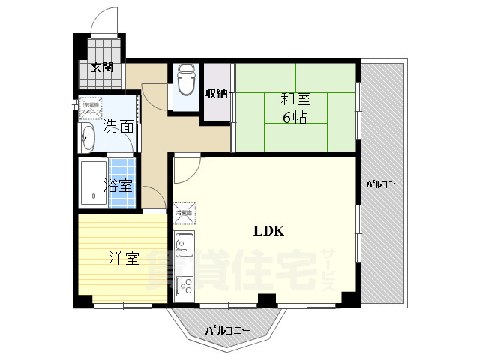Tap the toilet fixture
(x=185, y=81)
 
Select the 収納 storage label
(x=217, y=93)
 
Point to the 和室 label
(x=295, y=99)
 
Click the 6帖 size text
(x=295, y=117)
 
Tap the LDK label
(x=268, y=231)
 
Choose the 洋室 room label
(x=124, y=259)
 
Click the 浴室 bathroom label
(x=118, y=185)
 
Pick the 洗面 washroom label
(x=118, y=126)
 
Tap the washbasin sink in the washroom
(x=88, y=138)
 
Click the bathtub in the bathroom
(x=92, y=184)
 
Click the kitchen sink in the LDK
(x=184, y=245)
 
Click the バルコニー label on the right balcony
(x=382, y=184)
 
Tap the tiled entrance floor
(x=103, y=49)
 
